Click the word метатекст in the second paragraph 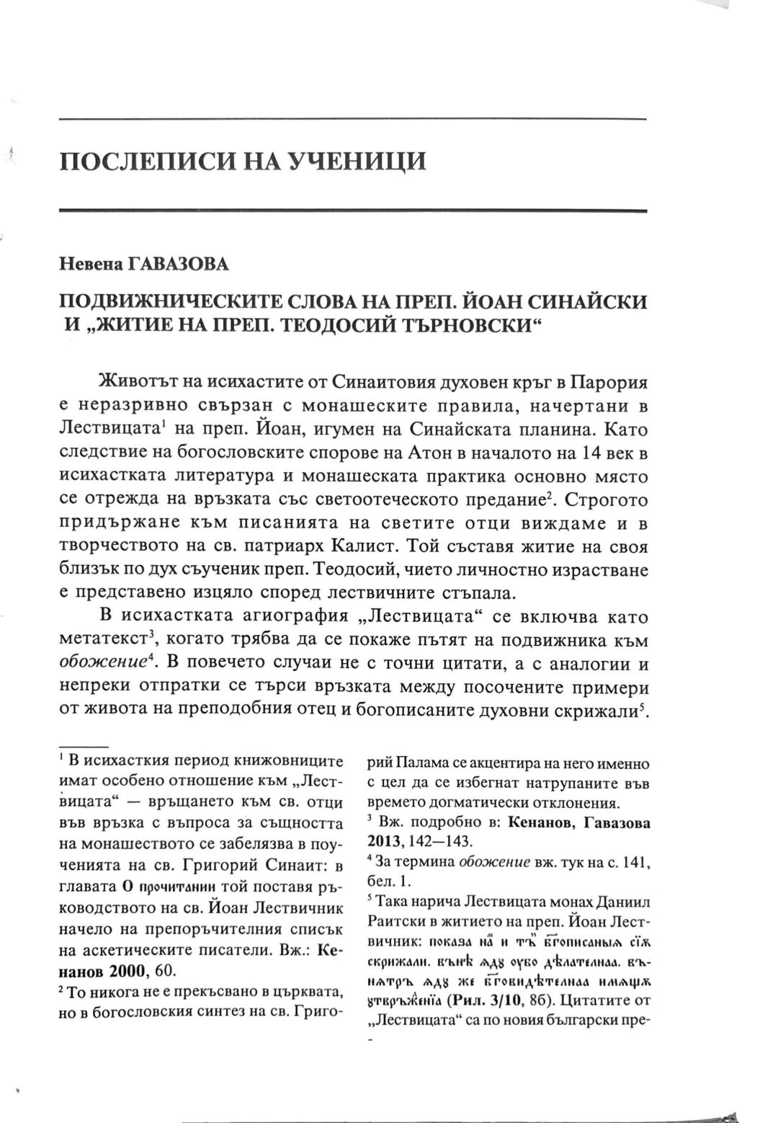[x=102, y=642]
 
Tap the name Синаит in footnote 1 [x=306, y=865]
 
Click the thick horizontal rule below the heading [x=353, y=210]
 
